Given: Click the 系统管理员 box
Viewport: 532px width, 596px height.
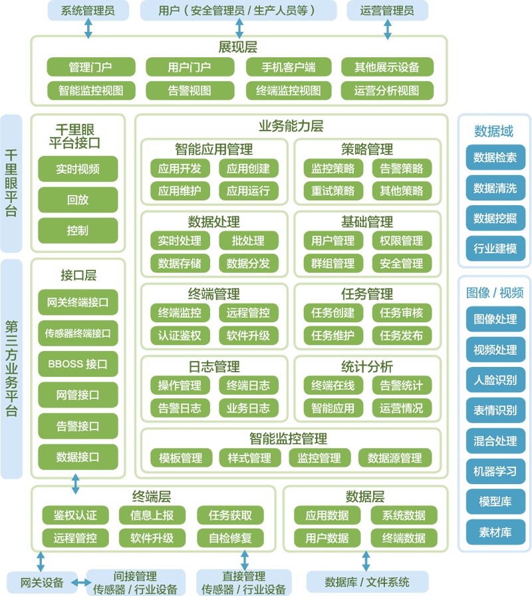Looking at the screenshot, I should pos(87,11).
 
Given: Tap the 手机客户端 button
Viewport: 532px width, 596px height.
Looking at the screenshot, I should pos(289,67).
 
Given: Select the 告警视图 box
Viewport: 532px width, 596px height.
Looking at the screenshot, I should pos(189,91).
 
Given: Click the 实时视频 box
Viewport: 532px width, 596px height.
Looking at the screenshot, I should pos(78,169).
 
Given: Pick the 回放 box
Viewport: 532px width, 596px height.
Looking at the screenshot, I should pos(78,200).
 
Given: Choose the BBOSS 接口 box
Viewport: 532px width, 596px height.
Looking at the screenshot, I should pos(78,364).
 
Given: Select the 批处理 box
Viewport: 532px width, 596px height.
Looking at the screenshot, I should pos(248,240).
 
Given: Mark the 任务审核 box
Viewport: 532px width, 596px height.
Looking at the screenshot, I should pos(401,313).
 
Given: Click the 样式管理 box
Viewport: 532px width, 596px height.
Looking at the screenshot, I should pos(249,458).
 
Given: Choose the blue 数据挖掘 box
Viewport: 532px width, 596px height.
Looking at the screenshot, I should pos(495,218).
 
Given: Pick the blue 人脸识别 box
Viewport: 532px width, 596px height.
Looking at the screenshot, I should pos(495,380).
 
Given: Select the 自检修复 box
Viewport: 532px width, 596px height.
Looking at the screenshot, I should pos(230,538).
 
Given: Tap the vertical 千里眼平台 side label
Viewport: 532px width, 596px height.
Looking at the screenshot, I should pos(11,183).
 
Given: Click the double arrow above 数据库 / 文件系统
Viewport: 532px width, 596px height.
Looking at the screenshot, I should pos(365,559).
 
